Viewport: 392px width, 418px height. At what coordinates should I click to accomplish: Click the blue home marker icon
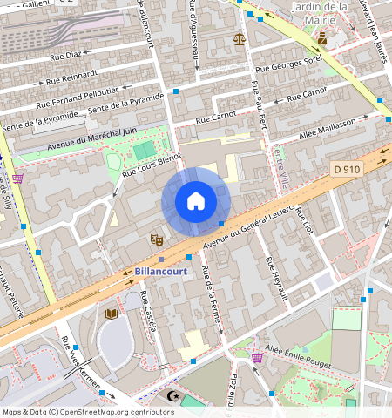tap(196, 202)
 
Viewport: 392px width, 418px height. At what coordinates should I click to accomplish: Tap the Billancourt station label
tap(161, 271)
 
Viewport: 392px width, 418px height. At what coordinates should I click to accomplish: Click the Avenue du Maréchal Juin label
tap(91, 138)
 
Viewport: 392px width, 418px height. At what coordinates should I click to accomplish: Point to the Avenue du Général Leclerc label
tap(246, 228)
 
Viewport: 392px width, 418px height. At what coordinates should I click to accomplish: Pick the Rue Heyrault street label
tap(276, 279)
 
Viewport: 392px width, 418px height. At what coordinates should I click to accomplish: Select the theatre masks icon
tap(157, 239)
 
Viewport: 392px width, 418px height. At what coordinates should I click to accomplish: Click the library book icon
tap(111, 313)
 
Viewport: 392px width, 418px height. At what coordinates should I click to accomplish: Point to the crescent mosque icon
tap(171, 395)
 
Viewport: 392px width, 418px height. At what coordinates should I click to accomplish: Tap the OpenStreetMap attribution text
tap(88, 412)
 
